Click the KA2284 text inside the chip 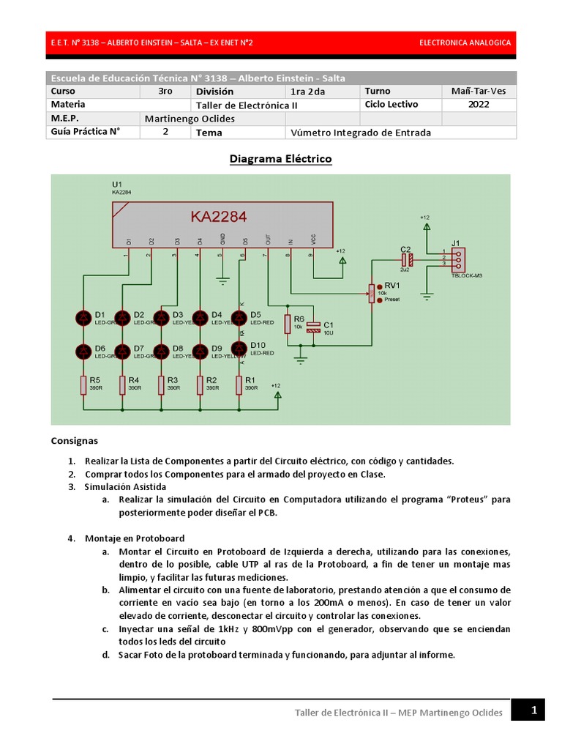[x=219, y=217]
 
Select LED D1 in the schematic [x=83, y=318]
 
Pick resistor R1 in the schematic [x=239, y=385]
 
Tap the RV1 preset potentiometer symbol [x=371, y=292]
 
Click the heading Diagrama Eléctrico [x=280, y=159]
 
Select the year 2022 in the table [x=479, y=105]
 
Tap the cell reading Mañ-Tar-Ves [x=479, y=92]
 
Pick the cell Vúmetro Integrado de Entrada [x=361, y=133]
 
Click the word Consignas [x=74, y=441]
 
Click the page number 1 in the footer [x=534, y=710]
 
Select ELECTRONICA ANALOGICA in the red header [x=465, y=42]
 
